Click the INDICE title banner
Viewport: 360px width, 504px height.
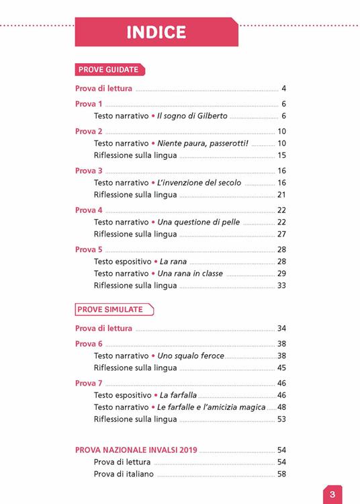click(156, 32)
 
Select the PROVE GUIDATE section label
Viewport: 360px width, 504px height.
click(109, 69)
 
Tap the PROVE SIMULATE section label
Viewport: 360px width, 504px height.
click(111, 309)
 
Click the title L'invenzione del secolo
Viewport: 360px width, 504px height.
click(199, 183)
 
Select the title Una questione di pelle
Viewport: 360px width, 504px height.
click(198, 222)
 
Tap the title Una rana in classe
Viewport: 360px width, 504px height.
click(190, 274)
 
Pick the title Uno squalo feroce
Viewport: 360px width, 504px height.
click(191, 355)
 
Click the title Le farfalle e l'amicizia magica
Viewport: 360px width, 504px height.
click(212, 407)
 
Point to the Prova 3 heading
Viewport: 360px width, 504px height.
click(89, 171)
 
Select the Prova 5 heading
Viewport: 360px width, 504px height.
click(89, 249)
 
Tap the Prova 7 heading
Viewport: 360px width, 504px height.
click(89, 383)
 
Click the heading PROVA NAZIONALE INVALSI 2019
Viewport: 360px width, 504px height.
click(136, 450)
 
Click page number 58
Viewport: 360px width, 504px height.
click(282, 474)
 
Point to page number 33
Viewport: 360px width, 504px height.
click(282, 286)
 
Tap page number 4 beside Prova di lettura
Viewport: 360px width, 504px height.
click(284, 89)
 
